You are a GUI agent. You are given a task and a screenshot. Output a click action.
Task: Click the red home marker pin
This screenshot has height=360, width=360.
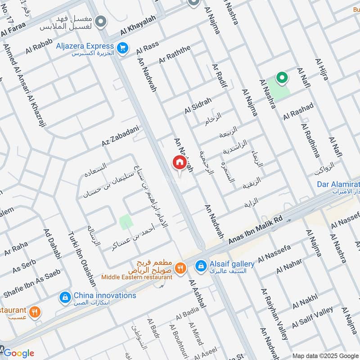coord(179,162)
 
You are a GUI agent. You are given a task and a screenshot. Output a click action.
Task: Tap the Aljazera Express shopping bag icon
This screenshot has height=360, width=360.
coord(121,47)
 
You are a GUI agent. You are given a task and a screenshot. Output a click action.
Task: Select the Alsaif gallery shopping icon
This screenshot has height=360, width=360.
coord(200,266)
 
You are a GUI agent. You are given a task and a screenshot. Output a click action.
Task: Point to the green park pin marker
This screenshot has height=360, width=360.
coord(282,78)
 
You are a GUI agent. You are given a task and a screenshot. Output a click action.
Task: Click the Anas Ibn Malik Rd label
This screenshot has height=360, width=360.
coord(255,230)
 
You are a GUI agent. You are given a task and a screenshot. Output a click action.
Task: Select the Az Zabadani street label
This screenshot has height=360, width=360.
coord(119,136)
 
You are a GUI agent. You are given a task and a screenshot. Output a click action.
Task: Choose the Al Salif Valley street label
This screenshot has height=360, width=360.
coord(312,317)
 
